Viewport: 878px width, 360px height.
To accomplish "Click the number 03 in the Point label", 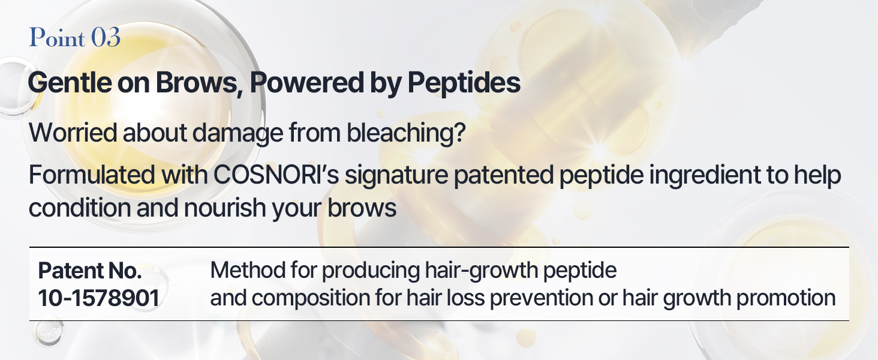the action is [x=106, y=38].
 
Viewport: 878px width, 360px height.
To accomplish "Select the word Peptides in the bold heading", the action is [x=464, y=83].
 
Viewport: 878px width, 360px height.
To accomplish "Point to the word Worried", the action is [x=73, y=133].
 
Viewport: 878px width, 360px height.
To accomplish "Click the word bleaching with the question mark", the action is [x=406, y=133].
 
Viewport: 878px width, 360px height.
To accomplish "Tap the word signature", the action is [x=396, y=175].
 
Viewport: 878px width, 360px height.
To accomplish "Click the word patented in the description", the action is [x=504, y=175].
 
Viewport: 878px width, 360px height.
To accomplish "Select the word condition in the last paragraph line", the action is [x=80, y=208].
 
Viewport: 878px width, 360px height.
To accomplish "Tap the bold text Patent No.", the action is [x=90, y=271].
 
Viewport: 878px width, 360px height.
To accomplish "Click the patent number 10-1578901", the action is [x=99, y=298].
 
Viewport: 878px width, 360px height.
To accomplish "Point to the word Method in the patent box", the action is [x=248, y=270].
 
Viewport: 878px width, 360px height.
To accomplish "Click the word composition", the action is [x=311, y=298].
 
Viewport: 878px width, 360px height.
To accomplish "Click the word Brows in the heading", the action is [x=199, y=83].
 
